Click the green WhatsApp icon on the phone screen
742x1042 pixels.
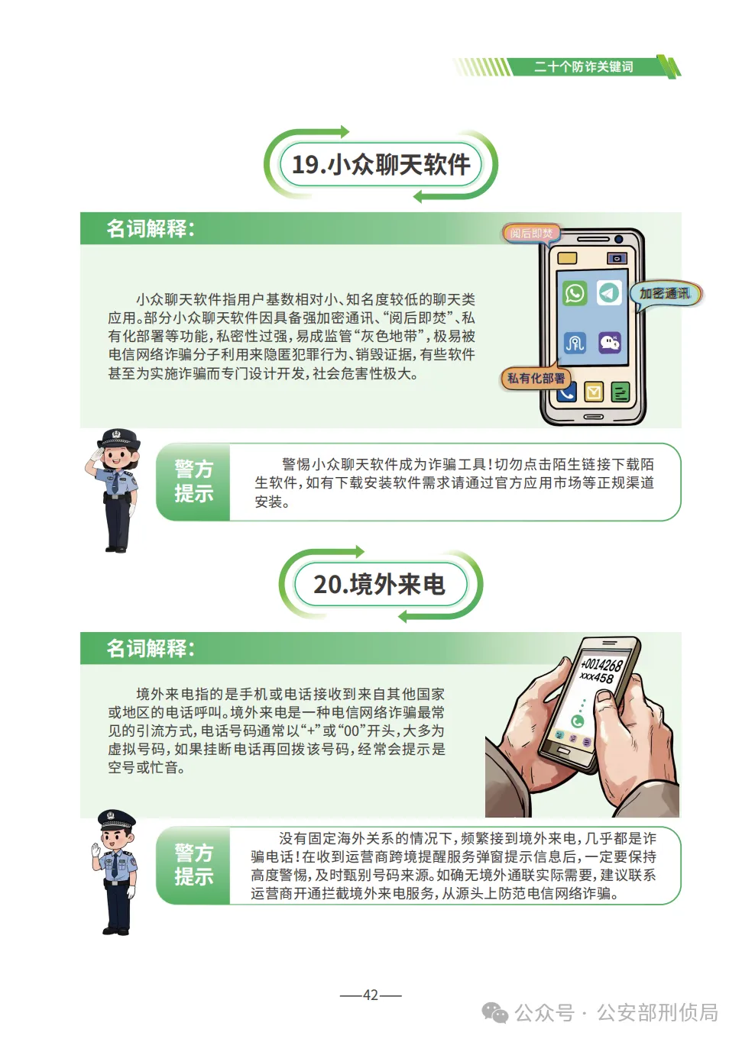coord(575,293)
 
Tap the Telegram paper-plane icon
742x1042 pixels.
coord(609,293)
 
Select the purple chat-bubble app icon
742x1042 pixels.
coord(610,342)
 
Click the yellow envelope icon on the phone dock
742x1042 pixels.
coord(594,392)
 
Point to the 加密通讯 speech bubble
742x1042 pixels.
coord(664,294)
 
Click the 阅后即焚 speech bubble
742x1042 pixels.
coord(531,233)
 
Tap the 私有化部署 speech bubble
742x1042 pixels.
coord(536,378)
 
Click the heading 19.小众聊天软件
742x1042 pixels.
coord(381,164)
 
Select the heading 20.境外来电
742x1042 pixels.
coord(380,585)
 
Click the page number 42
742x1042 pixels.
coord(371,995)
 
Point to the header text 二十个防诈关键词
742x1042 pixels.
coord(584,67)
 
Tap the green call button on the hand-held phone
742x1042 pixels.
coord(578,721)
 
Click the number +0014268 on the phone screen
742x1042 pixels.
coord(601,665)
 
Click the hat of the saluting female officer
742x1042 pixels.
coord(120,438)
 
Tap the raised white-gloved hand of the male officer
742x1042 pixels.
coord(96,850)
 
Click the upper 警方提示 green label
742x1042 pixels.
coord(193,482)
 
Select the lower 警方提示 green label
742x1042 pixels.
coord(193,865)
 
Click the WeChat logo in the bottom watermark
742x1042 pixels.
coord(495,1013)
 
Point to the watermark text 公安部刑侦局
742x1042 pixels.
coord(657,1013)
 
